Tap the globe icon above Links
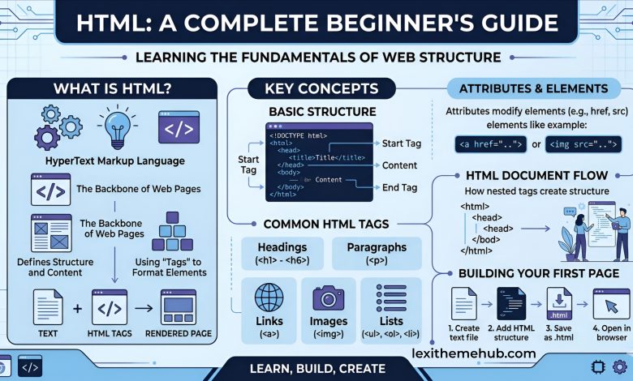(268, 298)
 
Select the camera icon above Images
(329, 298)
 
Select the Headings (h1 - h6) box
(282, 253)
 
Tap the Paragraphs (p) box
(376, 253)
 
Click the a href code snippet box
(480, 145)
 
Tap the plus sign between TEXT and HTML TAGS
(78, 308)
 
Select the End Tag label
(399, 188)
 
